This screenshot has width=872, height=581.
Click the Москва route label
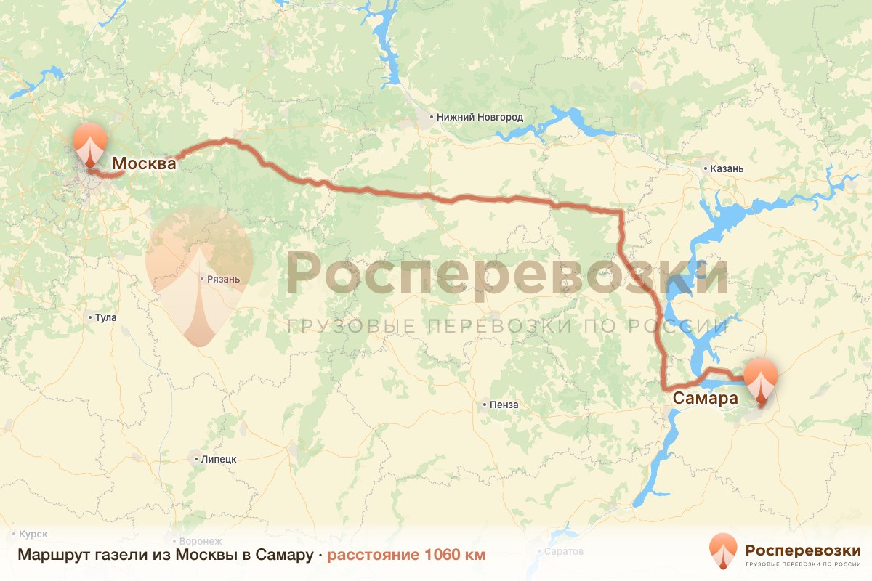tap(144, 164)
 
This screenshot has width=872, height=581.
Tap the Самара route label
tap(705, 398)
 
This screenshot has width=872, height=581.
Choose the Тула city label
tap(105, 317)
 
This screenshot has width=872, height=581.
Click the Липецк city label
tap(219, 459)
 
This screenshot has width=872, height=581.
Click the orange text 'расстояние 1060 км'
tap(406, 556)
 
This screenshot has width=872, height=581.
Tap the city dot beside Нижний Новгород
tap(431, 117)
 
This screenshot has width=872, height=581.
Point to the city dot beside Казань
tap(705, 168)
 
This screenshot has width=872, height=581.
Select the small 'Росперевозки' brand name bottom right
tap(803, 550)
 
